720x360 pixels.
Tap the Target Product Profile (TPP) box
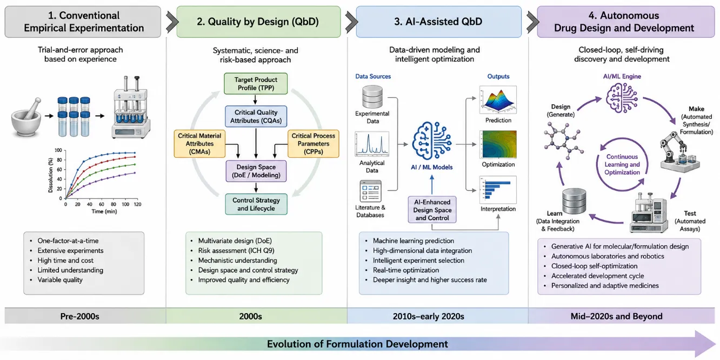click(256, 84)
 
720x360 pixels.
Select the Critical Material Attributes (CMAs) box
click(199, 144)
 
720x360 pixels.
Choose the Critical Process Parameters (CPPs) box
click(313, 144)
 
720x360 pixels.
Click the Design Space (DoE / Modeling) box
click(256, 171)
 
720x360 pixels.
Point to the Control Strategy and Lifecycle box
click(256, 204)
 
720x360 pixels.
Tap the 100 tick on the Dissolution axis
click(58, 150)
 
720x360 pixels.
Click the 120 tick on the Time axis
click(138, 204)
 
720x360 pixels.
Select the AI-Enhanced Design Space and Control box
click(432, 210)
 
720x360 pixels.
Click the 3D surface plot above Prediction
click(498, 99)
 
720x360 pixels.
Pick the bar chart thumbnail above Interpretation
click(498, 190)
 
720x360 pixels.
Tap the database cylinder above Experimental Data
click(372, 97)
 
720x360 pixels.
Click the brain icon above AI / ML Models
click(432, 141)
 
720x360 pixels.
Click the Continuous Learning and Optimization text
click(622, 164)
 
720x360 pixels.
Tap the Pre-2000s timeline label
click(79, 316)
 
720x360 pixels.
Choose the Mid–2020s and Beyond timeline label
click(617, 316)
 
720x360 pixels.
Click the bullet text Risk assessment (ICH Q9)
click(236, 250)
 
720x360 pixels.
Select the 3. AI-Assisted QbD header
click(438, 22)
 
